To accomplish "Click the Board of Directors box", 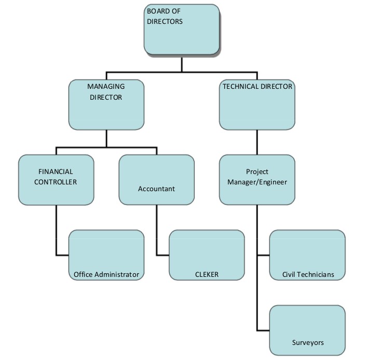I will click(181, 29).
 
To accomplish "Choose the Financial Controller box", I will click(56, 179).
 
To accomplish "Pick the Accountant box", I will click(156, 179).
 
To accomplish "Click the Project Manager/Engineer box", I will click(257, 179).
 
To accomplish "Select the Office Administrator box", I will click(106, 255).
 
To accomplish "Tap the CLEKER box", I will click(207, 255).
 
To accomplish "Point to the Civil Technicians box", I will click(307, 255).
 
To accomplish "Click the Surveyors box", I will click(307, 330).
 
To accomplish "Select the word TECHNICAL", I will click(240, 87).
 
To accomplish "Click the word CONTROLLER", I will click(56, 182).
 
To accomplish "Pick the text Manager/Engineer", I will click(257, 182).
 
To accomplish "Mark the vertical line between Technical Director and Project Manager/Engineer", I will click(257, 142).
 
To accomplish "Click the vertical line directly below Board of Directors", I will click(182, 63).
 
